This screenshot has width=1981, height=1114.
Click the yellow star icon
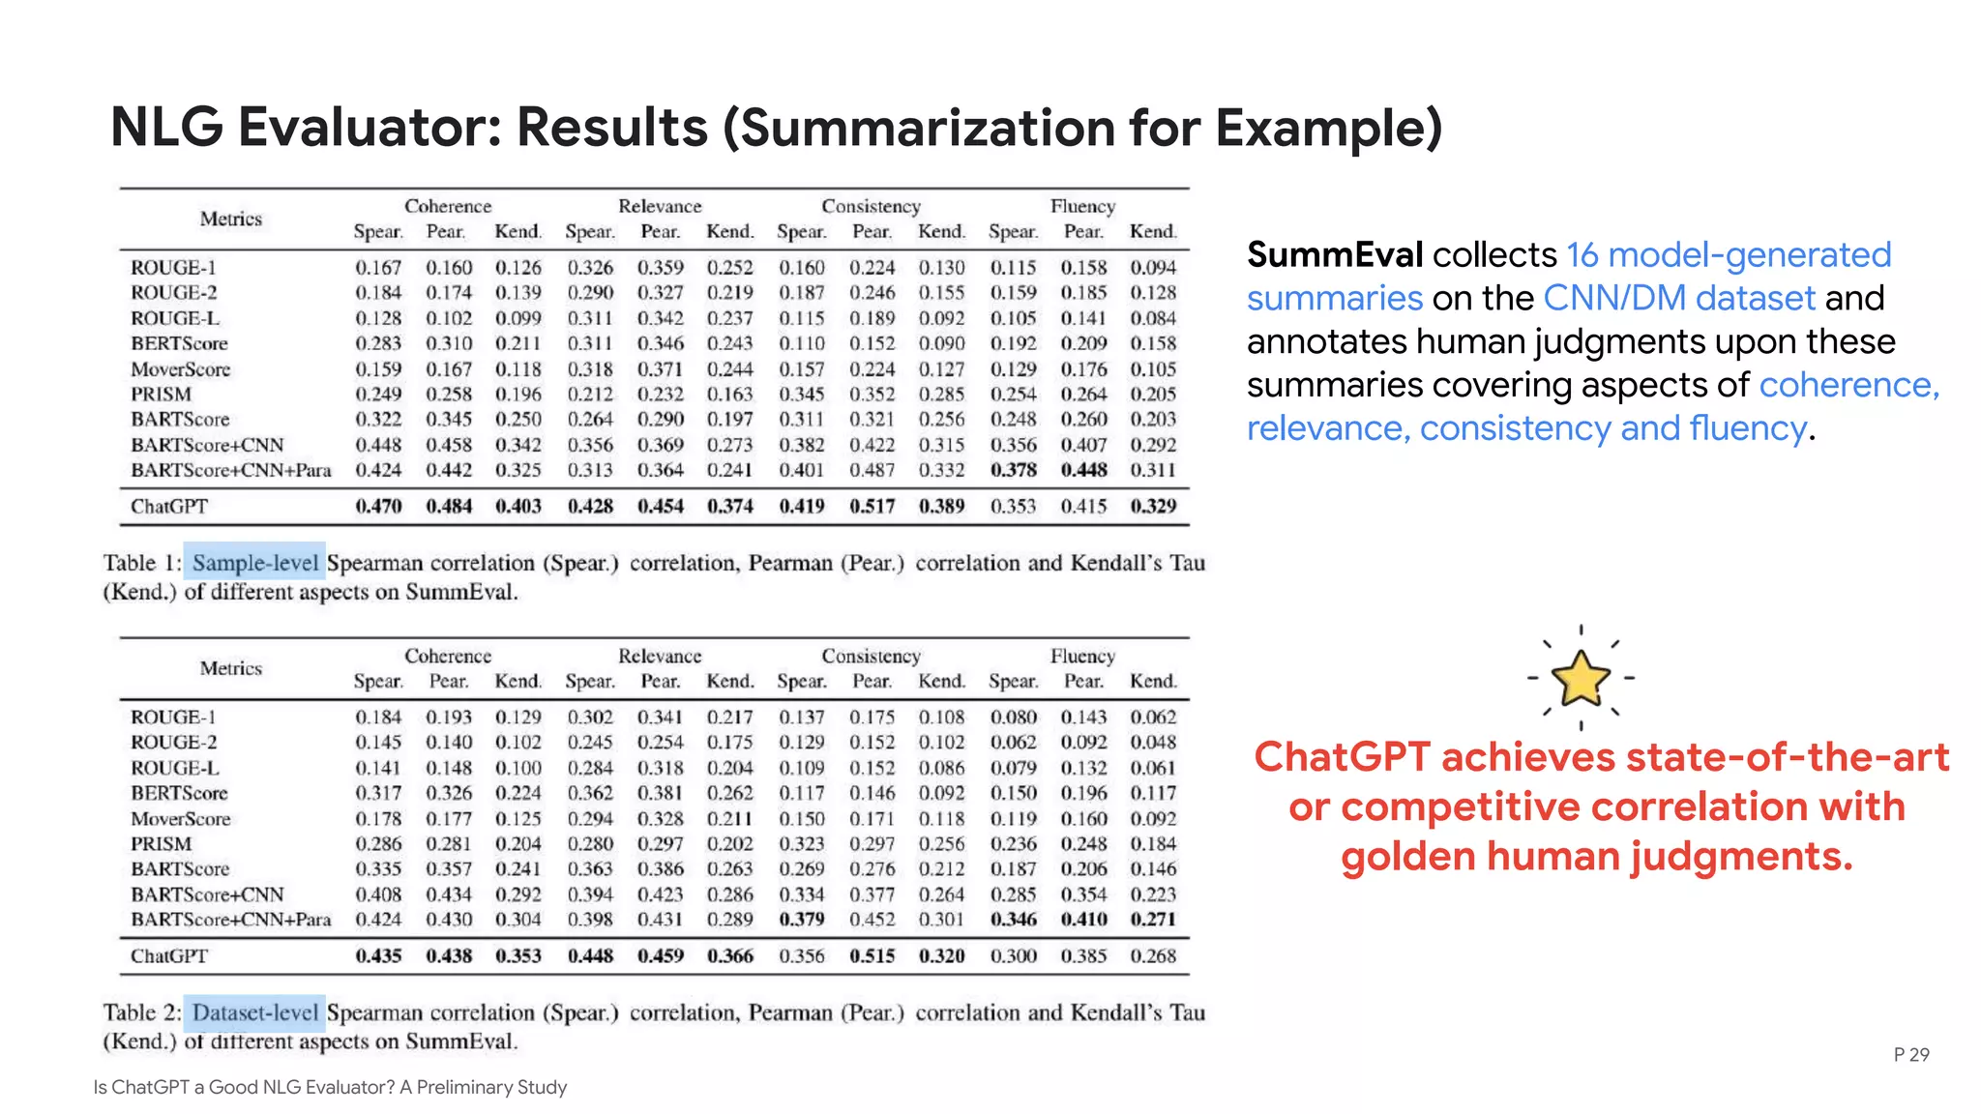pyautogui.click(x=1581, y=678)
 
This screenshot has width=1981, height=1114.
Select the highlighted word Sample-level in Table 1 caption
pyautogui.click(x=254, y=563)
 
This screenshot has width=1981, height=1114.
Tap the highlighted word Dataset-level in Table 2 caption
pyautogui.click(x=254, y=1012)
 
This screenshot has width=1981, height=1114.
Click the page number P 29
pyautogui.click(x=1910, y=1054)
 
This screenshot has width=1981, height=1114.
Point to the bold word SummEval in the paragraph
pyautogui.click(x=1334, y=255)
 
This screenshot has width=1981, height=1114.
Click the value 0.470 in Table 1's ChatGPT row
pyautogui.click(x=378, y=506)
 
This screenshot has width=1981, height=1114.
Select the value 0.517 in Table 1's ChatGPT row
pyautogui.click(x=872, y=506)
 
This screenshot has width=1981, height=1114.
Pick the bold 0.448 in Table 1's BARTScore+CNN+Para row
pyautogui.click(x=1083, y=470)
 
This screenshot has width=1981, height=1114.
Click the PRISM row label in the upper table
pyautogui.click(x=162, y=395)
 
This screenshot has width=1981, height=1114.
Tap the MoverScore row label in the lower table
pyautogui.click(x=181, y=818)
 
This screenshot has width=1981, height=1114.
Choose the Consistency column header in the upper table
pyautogui.click(x=871, y=206)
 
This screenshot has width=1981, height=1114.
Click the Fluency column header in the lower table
pyautogui.click(x=1082, y=656)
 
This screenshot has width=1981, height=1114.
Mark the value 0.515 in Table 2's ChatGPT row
pyautogui.click(x=872, y=955)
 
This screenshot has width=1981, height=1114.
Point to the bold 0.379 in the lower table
pyautogui.click(x=802, y=919)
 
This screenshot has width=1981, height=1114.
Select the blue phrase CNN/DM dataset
pyautogui.click(x=1679, y=298)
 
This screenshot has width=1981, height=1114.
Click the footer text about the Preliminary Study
pyautogui.click(x=330, y=1087)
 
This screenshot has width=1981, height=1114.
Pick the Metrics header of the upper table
pyautogui.click(x=231, y=219)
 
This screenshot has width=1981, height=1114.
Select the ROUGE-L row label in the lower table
pyautogui.click(x=175, y=768)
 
